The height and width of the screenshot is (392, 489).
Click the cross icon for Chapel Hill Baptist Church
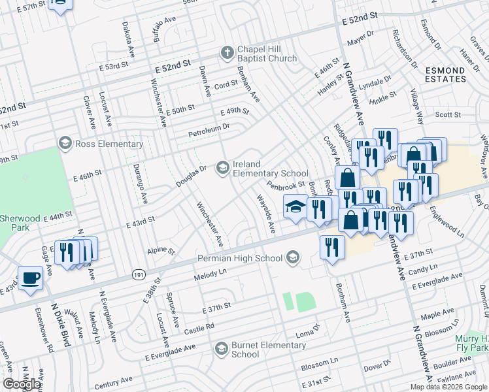pos(227,53)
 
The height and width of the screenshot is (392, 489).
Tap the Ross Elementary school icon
pos(65,142)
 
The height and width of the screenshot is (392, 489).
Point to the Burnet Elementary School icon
pos(222,349)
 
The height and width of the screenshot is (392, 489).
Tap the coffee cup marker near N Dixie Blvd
pos(31,278)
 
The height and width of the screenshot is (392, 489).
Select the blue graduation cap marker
pos(295,206)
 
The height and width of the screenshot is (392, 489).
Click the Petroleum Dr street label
pos(209,127)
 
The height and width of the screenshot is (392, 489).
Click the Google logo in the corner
pos(22,384)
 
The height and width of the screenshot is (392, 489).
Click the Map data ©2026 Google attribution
pos(448,387)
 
